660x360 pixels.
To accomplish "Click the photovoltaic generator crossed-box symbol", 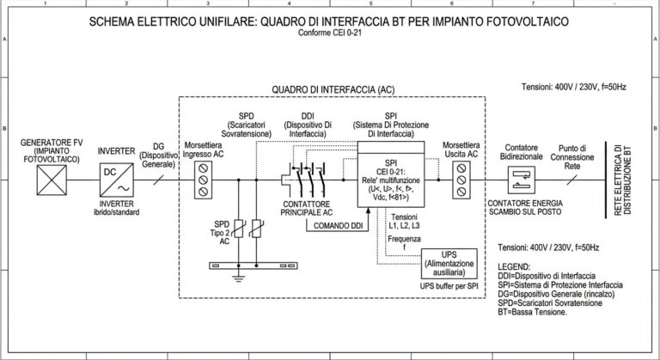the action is (x=52, y=180).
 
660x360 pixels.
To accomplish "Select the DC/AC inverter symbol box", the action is (x=117, y=180).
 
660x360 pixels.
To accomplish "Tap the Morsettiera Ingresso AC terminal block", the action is (x=204, y=180).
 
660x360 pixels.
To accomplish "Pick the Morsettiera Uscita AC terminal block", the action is (x=461, y=180).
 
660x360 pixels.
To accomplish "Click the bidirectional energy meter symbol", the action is (x=522, y=180).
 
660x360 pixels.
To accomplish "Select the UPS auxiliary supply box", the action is (x=449, y=264).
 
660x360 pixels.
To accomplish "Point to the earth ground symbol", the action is (x=239, y=278).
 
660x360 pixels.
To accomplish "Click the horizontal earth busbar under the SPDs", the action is (x=254, y=265).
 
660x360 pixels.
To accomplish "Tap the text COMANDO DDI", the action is (x=338, y=226).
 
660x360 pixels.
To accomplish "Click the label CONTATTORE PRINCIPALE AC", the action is (x=307, y=209).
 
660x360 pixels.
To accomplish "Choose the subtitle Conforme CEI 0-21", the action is (x=330, y=33).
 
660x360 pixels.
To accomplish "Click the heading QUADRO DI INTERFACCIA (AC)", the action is (x=333, y=89).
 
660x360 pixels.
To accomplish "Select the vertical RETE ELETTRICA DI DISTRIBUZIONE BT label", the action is (x=622, y=180).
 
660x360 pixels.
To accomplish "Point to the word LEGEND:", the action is (x=514, y=267).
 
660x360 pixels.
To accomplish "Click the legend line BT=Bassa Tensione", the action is (x=532, y=313).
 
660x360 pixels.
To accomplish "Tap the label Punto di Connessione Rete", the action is (x=572, y=157).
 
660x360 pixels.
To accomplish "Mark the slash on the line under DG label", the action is (x=158, y=180).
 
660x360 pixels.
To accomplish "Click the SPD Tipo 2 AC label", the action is (x=223, y=233).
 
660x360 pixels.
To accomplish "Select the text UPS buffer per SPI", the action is (x=449, y=286).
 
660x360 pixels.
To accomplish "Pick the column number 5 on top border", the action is (x=370, y=3).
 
